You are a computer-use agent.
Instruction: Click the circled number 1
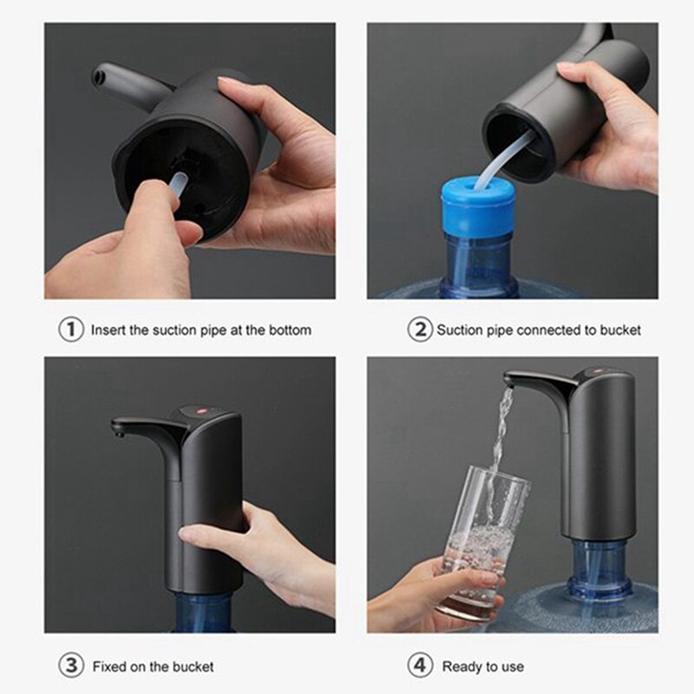pos(70,330)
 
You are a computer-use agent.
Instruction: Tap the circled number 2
pos(420,330)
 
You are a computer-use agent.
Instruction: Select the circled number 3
pos(70,666)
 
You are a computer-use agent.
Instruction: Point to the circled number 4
pos(420,666)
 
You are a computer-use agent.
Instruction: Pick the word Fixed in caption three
pos(108,666)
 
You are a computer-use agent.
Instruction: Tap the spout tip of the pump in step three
pos(118,428)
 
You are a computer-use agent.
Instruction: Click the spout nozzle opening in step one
pos(105,76)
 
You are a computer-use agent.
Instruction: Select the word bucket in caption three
pos(192,666)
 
